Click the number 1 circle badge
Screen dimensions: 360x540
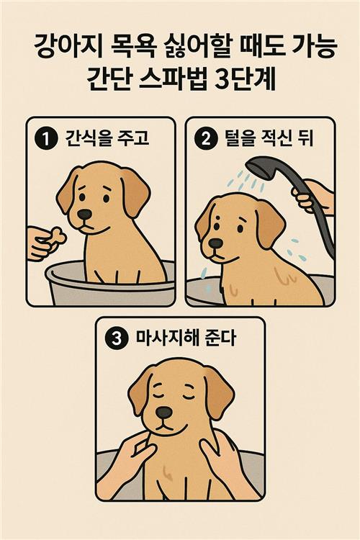(x=46, y=139)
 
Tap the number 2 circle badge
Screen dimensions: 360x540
(x=206, y=139)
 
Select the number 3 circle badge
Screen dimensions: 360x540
(x=117, y=338)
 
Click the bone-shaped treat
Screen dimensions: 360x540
(x=56, y=238)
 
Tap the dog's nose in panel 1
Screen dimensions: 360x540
(x=84, y=215)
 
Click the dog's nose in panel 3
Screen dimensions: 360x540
(x=163, y=413)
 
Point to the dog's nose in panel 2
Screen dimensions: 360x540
(x=216, y=243)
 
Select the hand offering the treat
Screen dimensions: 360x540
(x=40, y=243)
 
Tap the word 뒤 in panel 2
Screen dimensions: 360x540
(x=305, y=138)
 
